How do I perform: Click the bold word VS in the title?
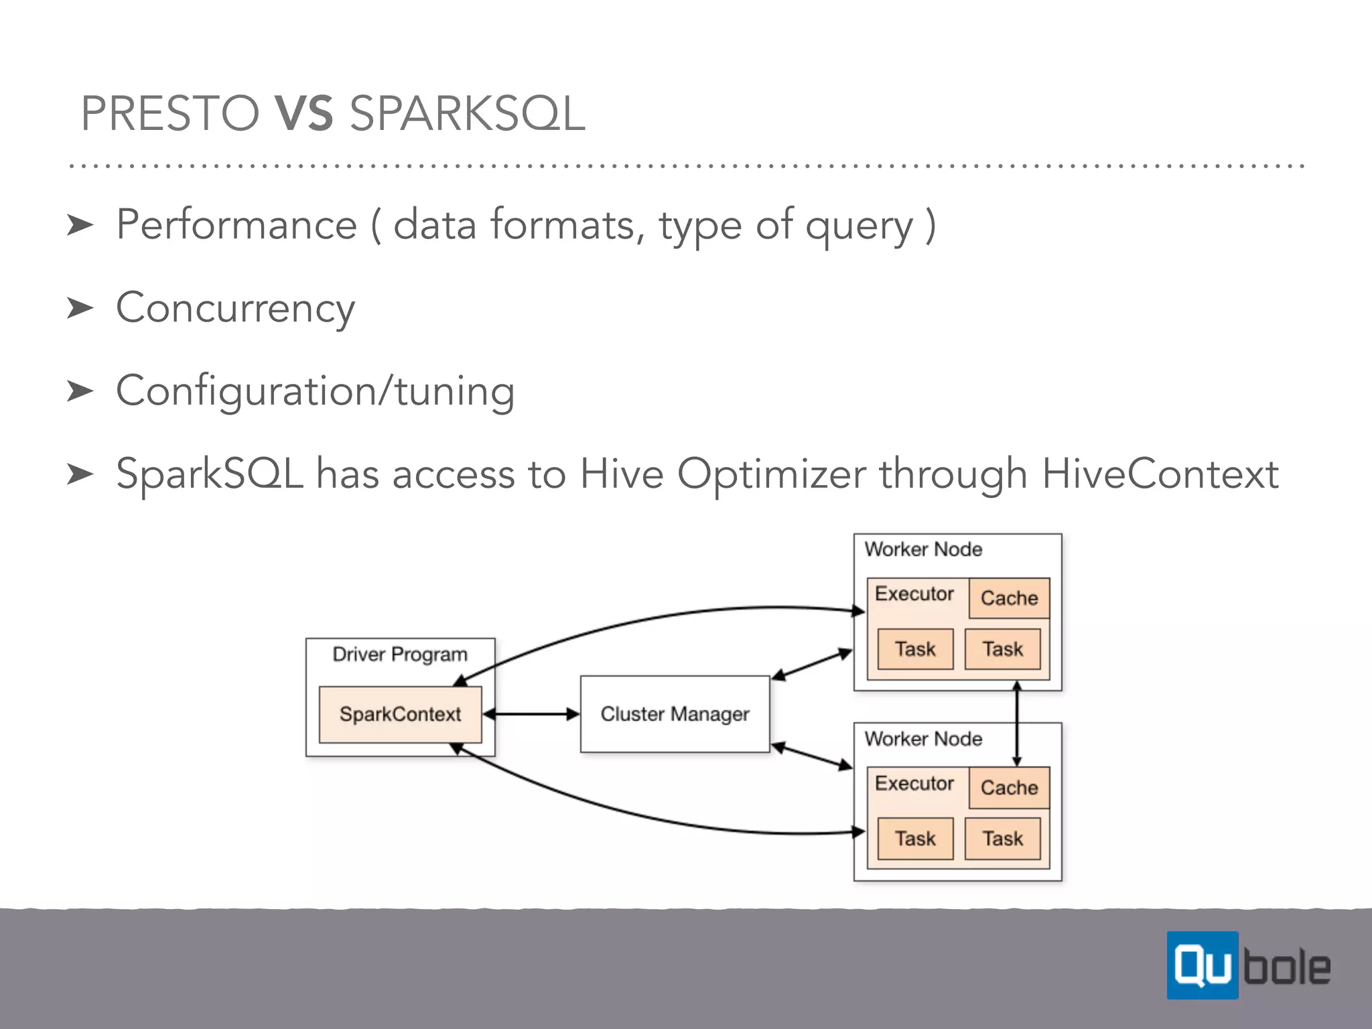303,113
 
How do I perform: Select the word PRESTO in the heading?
169,113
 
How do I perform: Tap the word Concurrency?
235,308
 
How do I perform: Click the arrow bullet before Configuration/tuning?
80,391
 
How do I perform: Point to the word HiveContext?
1160,474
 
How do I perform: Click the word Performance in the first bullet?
236,224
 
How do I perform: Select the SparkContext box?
400,714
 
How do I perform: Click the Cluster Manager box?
675,714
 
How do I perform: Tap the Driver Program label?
400,654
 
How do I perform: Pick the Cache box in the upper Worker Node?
1009,598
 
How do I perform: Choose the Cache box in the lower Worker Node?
1009,787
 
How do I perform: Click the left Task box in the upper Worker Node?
915,648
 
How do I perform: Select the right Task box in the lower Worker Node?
1002,838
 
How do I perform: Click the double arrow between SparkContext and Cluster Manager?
531,714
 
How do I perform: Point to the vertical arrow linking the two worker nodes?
1017,724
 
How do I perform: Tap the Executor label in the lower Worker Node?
914,783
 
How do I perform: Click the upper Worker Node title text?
923,549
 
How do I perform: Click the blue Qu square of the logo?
1202,965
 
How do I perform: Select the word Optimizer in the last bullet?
771,474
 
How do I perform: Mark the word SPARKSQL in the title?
468,113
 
